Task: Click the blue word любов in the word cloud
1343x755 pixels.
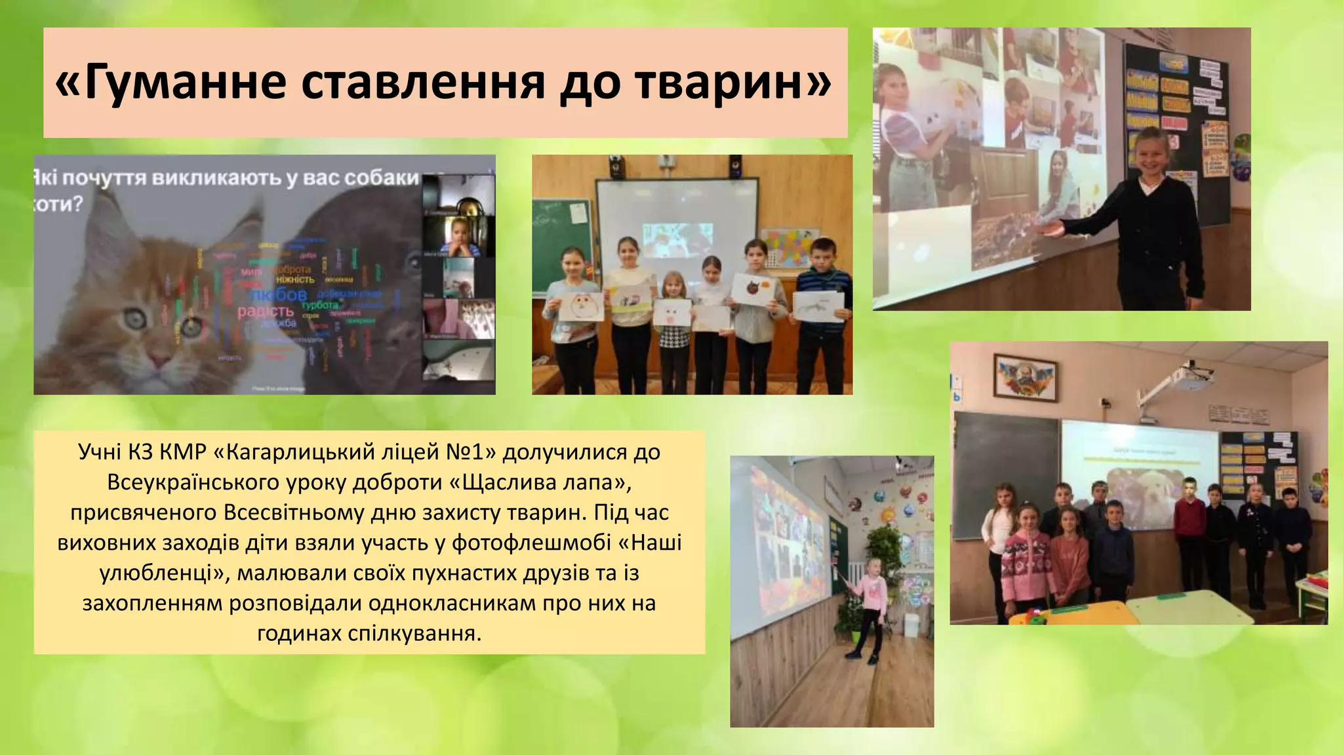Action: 279,295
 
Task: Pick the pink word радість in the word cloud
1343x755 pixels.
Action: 265,311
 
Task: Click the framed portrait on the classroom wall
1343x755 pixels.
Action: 1025,377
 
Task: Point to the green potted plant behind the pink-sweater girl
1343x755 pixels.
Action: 885,551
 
